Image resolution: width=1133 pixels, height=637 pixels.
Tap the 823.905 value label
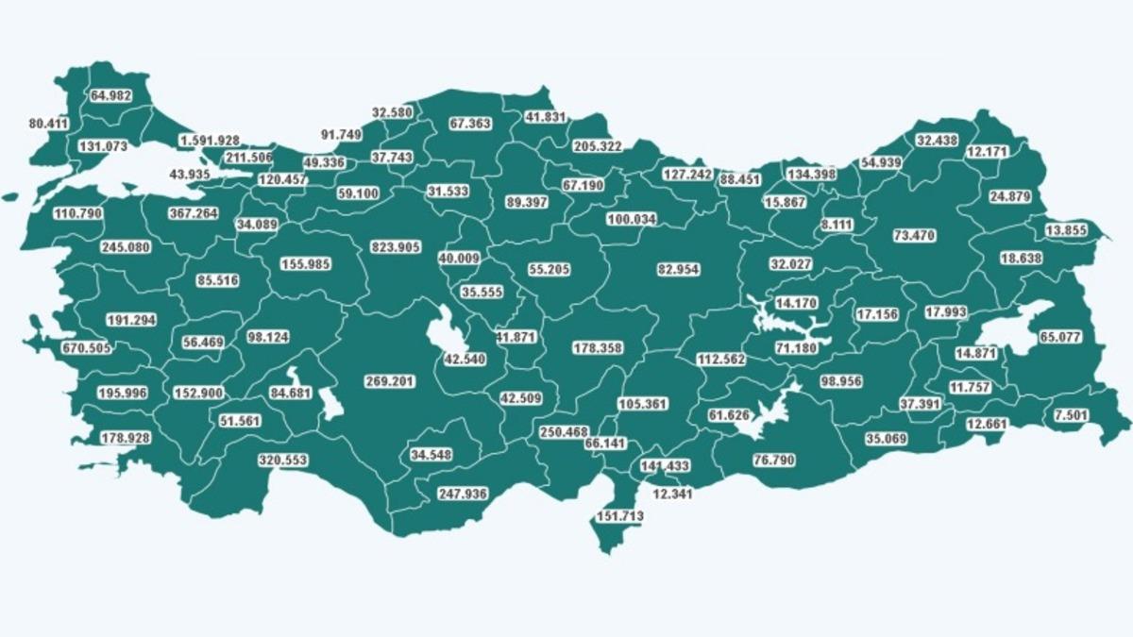click(401, 246)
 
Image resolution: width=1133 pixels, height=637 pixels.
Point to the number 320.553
click(283, 461)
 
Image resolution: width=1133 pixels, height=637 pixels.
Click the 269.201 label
click(390, 381)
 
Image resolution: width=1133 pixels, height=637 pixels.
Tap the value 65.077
click(1058, 336)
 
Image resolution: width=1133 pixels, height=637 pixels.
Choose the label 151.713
click(620, 516)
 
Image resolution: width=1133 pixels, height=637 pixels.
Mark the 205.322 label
click(597, 146)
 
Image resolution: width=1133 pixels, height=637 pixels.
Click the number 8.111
click(836, 225)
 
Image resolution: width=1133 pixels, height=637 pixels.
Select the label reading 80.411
click(49, 124)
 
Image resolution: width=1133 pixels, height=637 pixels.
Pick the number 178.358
click(597, 348)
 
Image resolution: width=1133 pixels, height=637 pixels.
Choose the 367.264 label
click(193, 213)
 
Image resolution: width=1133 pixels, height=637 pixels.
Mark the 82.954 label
click(678, 269)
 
